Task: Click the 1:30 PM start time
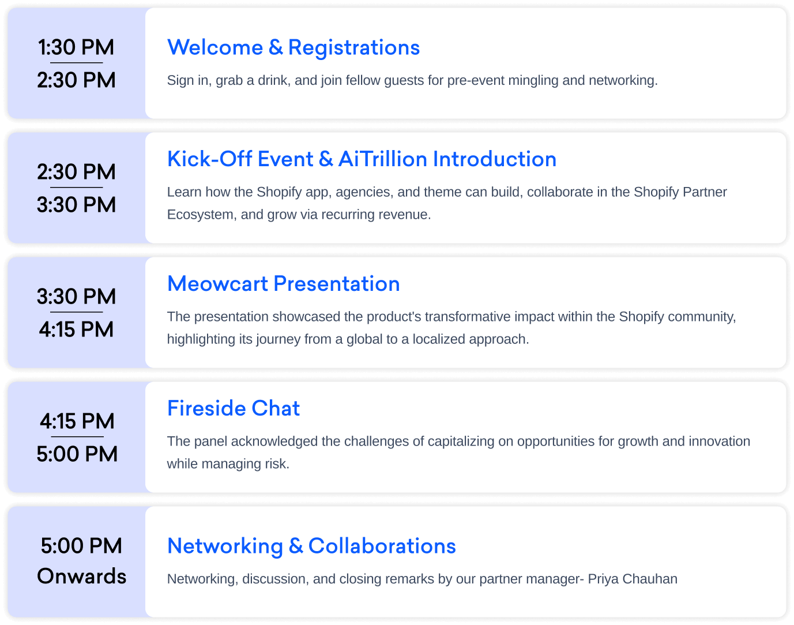click(76, 47)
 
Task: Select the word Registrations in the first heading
click(354, 48)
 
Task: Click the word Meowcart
click(217, 284)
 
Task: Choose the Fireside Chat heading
click(234, 408)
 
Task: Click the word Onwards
click(81, 577)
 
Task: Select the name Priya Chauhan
click(633, 579)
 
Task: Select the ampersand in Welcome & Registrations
click(276, 48)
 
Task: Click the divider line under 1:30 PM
click(76, 63)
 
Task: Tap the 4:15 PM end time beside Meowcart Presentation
click(76, 329)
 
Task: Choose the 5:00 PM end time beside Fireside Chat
click(77, 454)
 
